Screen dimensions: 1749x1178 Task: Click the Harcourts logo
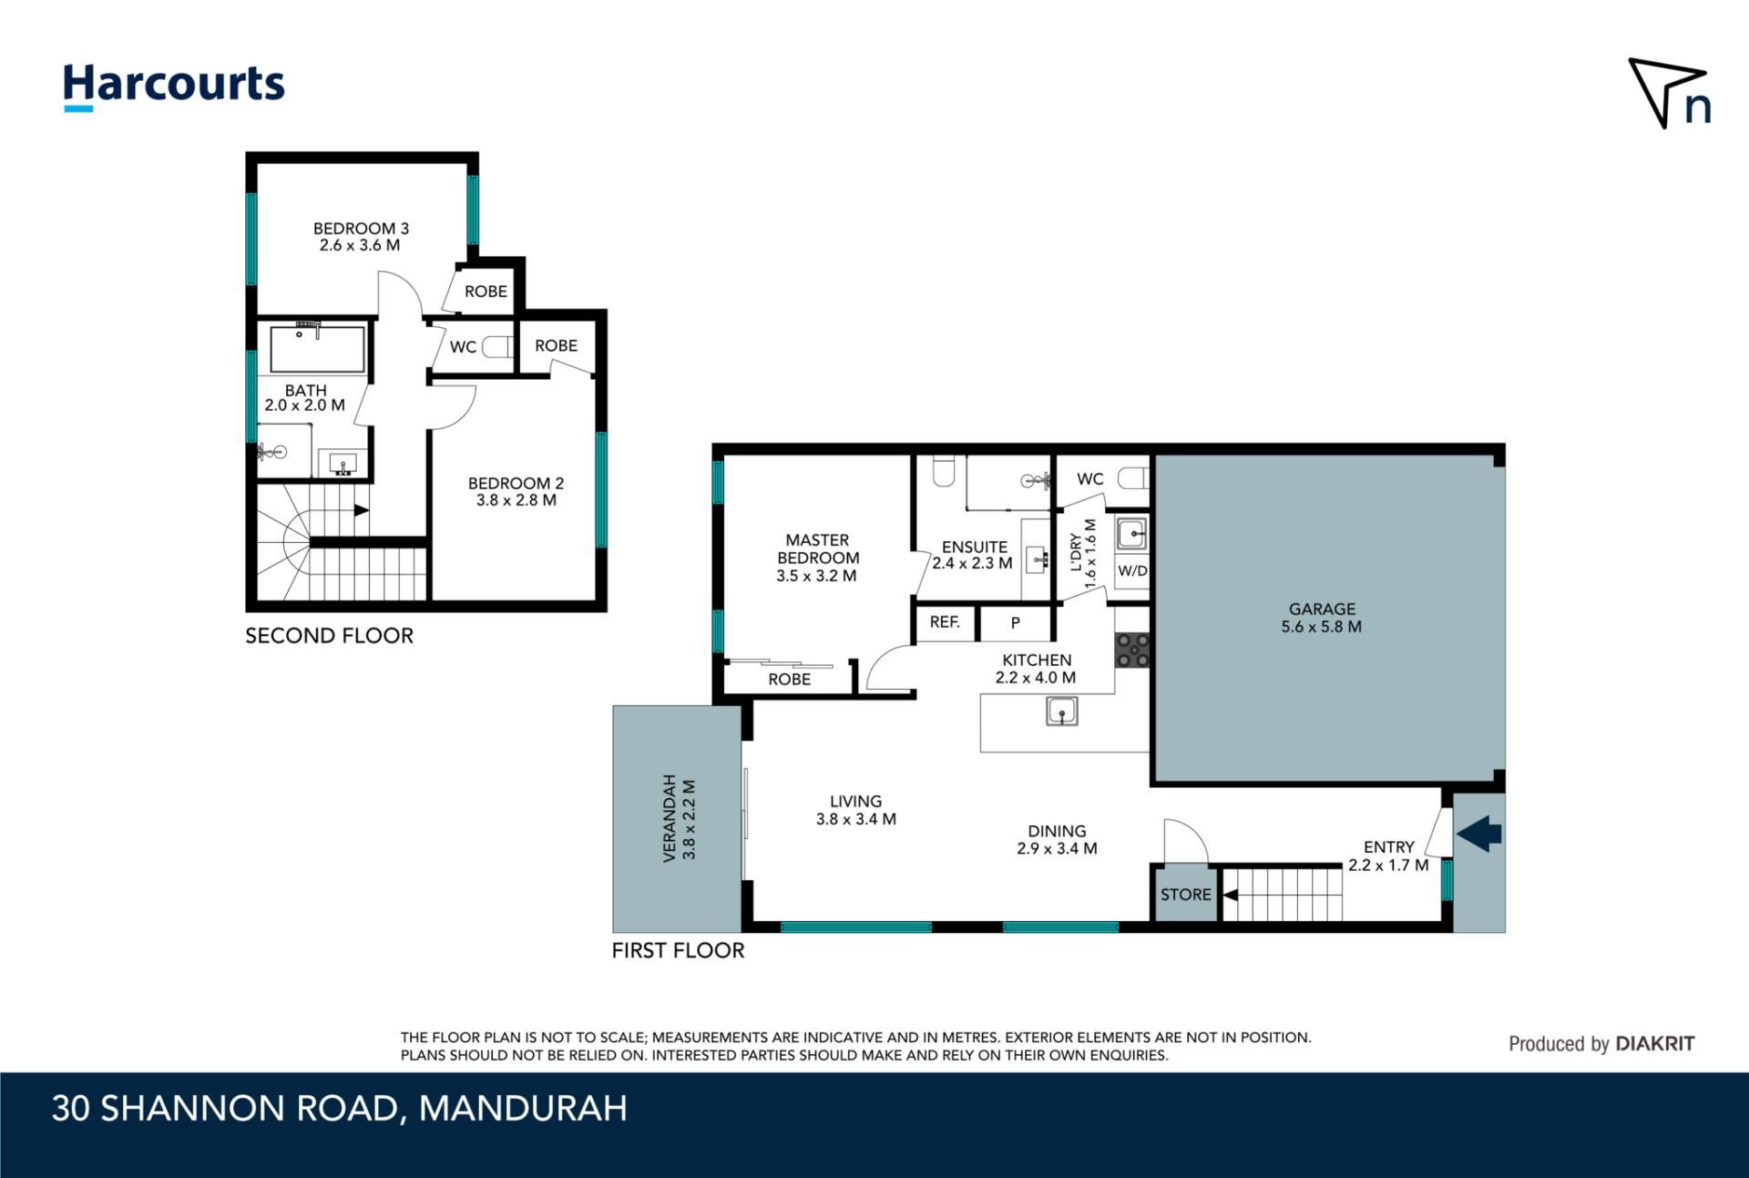click(x=173, y=87)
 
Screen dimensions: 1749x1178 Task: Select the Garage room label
click(x=1322, y=618)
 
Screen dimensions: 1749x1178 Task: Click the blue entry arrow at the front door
click(x=1479, y=833)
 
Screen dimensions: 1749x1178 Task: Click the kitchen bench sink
click(x=1062, y=711)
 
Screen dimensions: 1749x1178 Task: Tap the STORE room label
click(x=1185, y=895)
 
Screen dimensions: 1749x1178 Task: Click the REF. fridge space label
click(x=945, y=622)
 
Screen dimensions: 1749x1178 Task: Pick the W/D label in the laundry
click(x=1132, y=571)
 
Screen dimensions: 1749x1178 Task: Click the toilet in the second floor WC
click(x=497, y=346)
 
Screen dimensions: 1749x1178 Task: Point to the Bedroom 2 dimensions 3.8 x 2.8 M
click(x=517, y=500)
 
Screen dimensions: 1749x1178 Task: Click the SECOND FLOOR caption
click(x=329, y=636)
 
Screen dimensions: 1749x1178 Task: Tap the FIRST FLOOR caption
click(x=678, y=950)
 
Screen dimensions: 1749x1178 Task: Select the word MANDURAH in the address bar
click(x=523, y=1109)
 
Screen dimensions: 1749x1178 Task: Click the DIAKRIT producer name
click(x=1654, y=1044)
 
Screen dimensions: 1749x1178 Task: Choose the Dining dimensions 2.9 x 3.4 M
click(x=1057, y=848)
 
